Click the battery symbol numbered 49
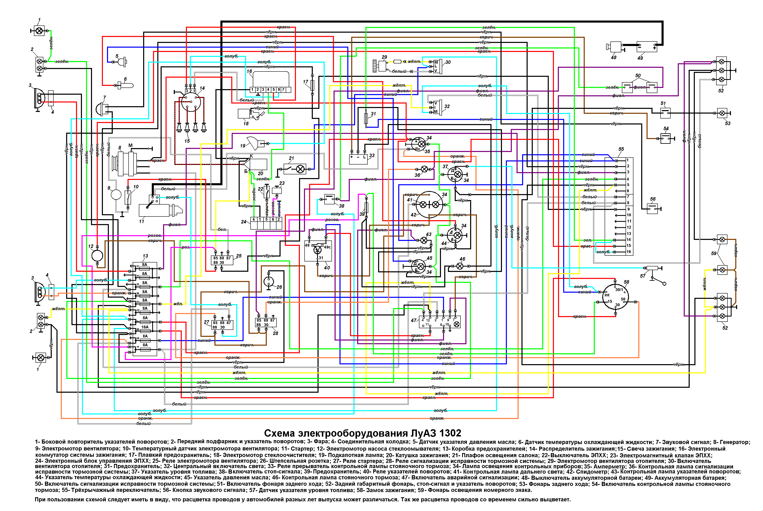point(647,47)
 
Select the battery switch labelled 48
point(615,47)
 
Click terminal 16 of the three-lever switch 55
point(628,252)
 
